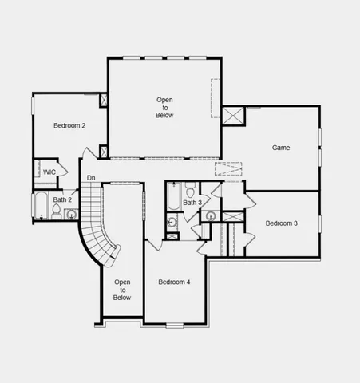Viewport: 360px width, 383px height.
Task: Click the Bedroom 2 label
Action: point(69,125)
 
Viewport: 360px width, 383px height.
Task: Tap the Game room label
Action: point(281,148)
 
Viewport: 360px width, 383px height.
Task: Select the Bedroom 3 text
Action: point(281,223)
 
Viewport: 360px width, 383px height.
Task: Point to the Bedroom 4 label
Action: point(174,282)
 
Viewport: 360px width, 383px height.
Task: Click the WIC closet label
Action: point(49,172)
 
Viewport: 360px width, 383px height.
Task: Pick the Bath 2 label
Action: point(62,199)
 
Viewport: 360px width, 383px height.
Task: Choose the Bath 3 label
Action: point(192,203)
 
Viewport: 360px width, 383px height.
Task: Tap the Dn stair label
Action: point(91,177)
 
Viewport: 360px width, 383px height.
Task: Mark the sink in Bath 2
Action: point(72,214)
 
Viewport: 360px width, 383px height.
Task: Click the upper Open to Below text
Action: point(164,107)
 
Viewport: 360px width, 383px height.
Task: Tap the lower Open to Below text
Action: point(122,290)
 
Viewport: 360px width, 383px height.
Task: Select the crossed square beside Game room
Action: point(233,115)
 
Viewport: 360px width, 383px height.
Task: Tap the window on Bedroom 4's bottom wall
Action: point(175,323)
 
